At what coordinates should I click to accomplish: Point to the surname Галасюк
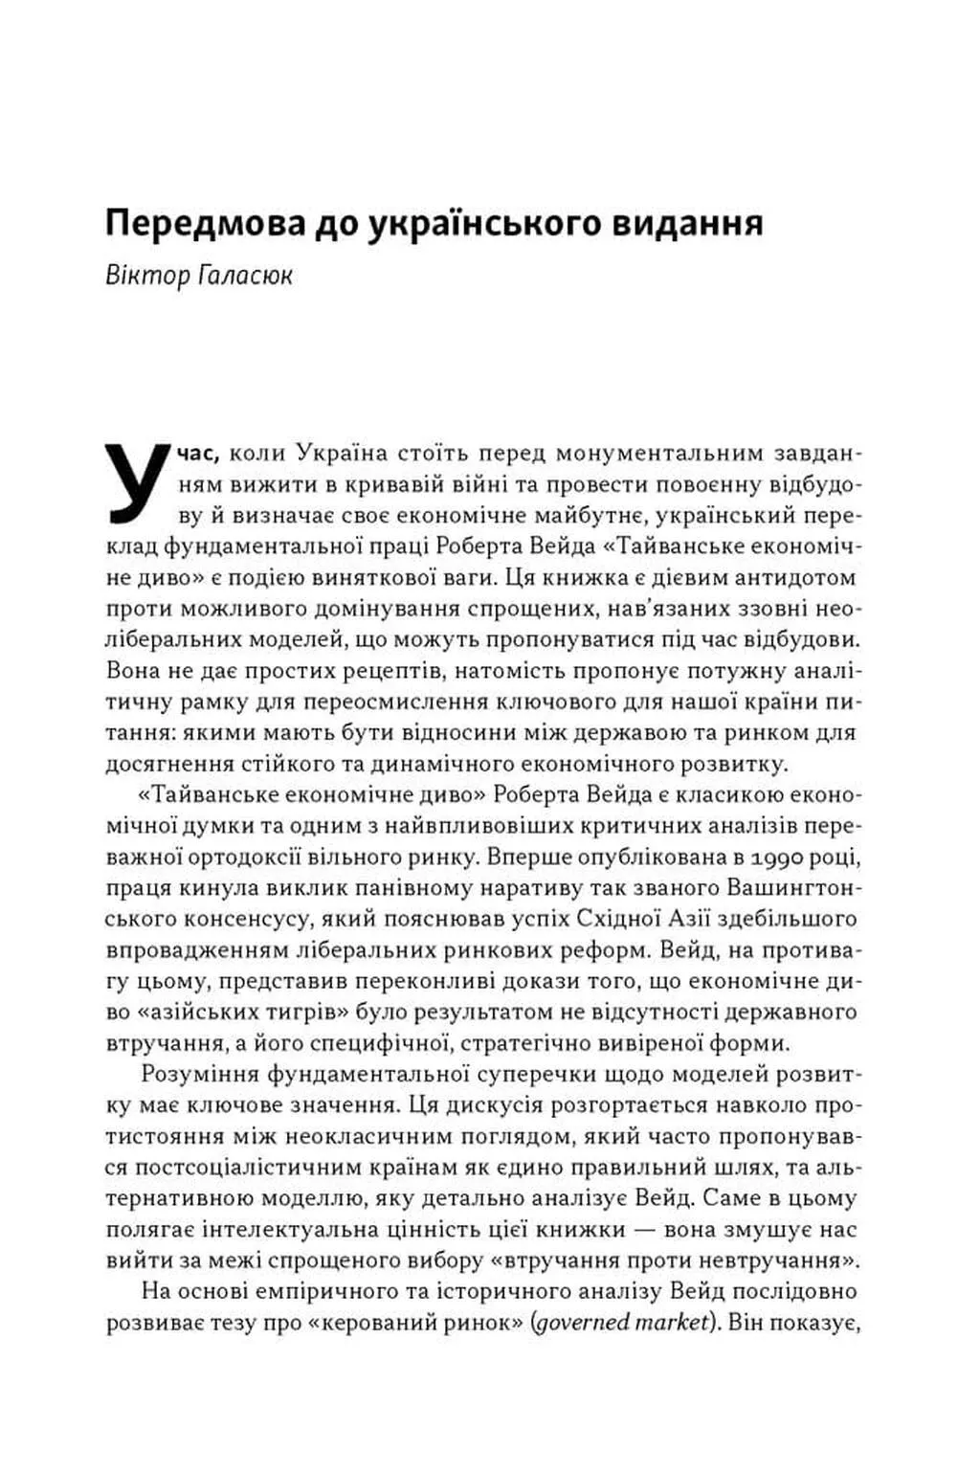[x=244, y=276]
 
